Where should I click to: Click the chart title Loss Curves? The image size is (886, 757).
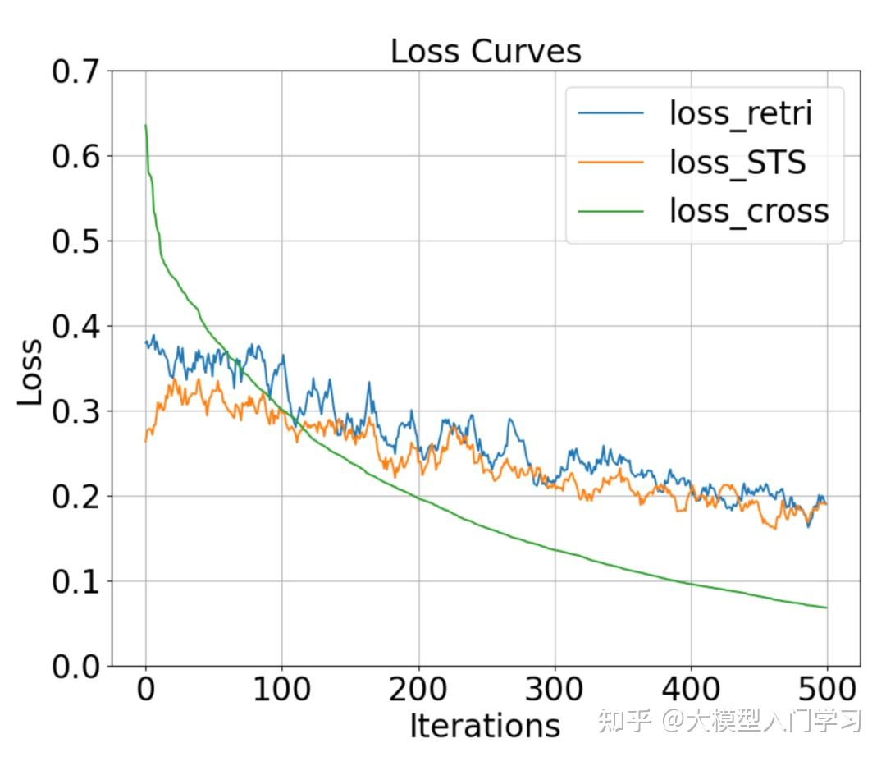click(x=485, y=51)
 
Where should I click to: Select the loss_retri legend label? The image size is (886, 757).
click(x=740, y=113)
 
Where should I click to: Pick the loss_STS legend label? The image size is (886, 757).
click(x=738, y=162)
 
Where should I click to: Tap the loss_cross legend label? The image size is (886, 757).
click(x=749, y=211)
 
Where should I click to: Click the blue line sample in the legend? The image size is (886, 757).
click(x=611, y=113)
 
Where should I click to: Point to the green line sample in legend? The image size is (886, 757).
click(x=611, y=211)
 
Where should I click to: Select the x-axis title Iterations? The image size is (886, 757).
click(x=484, y=726)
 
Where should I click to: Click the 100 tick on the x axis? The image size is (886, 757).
click(x=281, y=689)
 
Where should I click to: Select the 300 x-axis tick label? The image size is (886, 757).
click(x=554, y=689)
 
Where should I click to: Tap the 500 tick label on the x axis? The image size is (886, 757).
click(x=826, y=689)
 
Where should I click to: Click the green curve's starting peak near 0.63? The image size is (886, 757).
click(x=145, y=126)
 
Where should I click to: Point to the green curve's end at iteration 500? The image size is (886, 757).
click(x=825, y=608)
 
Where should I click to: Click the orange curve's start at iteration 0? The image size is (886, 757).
click(x=146, y=441)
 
